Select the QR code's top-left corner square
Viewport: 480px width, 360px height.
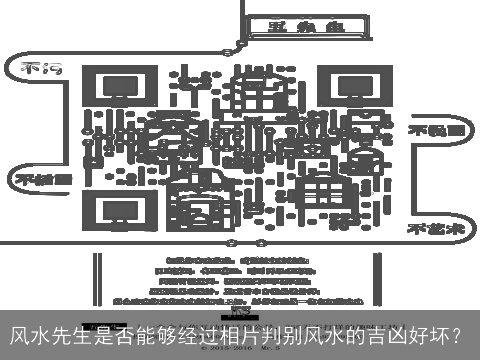(112, 94)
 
